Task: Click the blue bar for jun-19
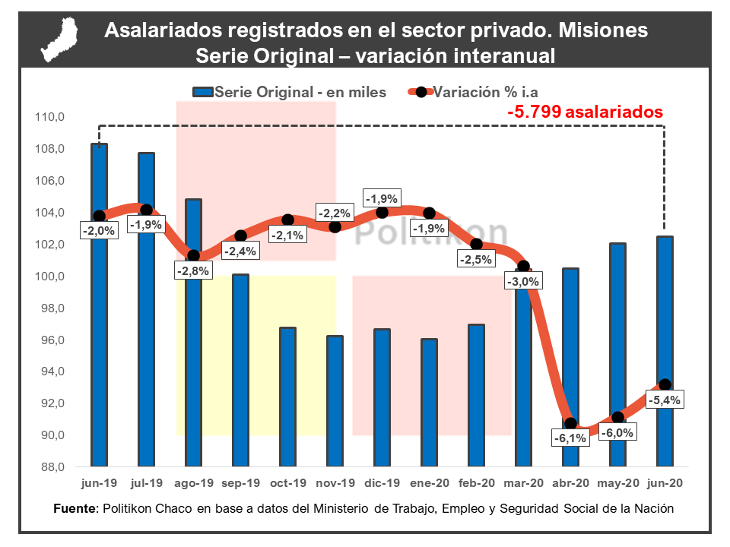coord(99,342)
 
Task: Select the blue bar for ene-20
coord(429,403)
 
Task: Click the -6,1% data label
coord(570,438)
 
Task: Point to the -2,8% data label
coord(194,270)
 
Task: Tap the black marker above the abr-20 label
coord(570,423)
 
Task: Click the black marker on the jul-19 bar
coord(147,210)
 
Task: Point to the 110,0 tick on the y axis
coord(48,117)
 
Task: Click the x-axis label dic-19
coord(382,483)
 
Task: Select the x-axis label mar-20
coord(523,483)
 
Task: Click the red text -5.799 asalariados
coord(586,112)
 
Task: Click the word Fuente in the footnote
coord(75,508)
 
